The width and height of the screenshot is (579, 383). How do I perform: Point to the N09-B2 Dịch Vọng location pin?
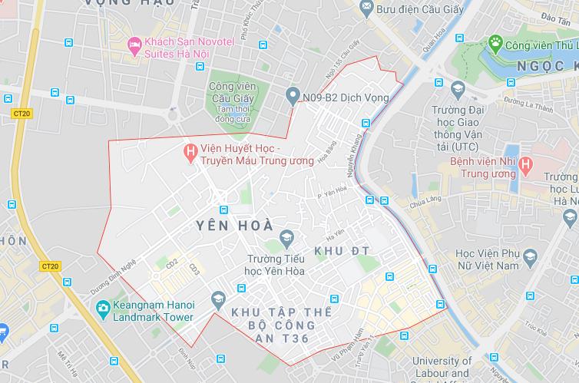293,97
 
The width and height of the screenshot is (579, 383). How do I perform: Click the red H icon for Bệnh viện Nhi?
525,163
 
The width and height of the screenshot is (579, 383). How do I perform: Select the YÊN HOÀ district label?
233,226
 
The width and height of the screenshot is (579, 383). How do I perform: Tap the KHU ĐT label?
342,251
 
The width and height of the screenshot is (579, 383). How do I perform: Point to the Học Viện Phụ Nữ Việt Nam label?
498,259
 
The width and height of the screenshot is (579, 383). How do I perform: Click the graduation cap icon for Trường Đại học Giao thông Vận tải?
458,91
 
